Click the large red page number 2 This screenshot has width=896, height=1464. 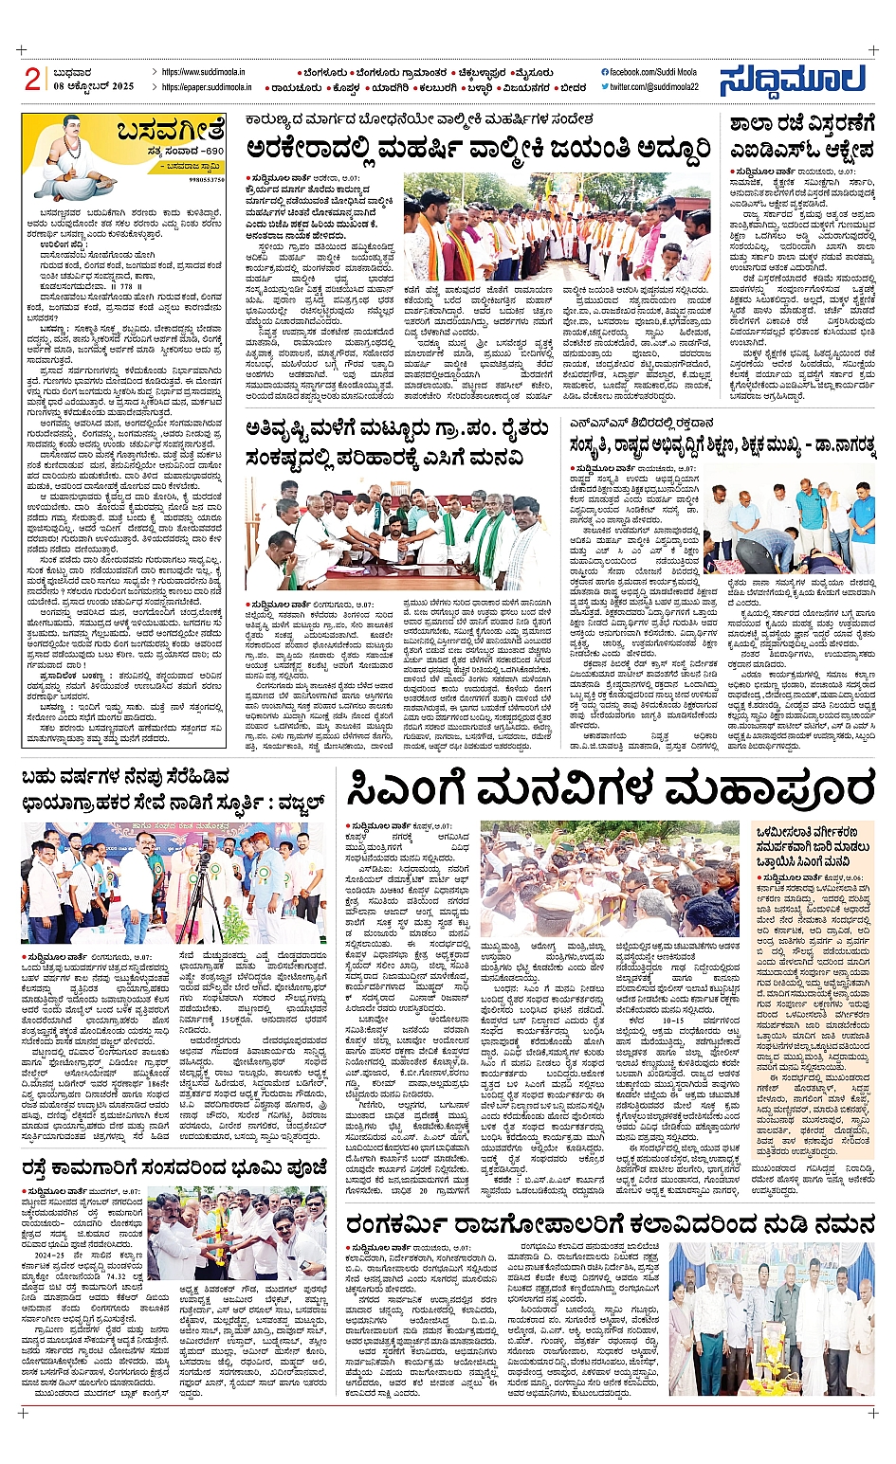pyautogui.click(x=33, y=79)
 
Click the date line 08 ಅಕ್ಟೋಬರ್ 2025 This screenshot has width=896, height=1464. pyautogui.click(x=94, y=86)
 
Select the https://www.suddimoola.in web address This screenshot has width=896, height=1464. pyautogui.click(x=203, y=72)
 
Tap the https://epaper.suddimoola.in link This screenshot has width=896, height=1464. pyautogui.click(x=207, y=87)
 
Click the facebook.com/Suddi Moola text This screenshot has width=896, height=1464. pyautogui.click(x=652, y=72)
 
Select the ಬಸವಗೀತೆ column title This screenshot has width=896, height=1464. pyautogui.click(x=171, y=130)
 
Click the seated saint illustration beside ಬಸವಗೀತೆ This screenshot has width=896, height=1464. pyautogui.click(x=67, y=156)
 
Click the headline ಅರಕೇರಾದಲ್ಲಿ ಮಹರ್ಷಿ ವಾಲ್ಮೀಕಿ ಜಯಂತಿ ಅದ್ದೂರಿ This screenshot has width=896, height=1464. pyautogui.click(x=478, y=149)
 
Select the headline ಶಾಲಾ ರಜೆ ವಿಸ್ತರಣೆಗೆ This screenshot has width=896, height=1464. pyautogui.click(x=801, y=124)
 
